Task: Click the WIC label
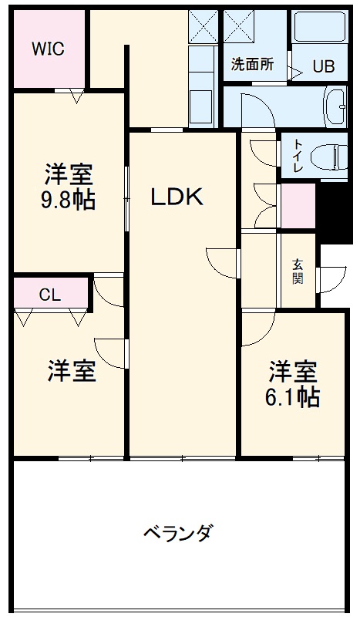pyautogui.click(x=48, y=49)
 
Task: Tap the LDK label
pyautogui.click(x=177, y=197)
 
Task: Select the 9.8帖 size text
pyautogui.click(x=67, y=201)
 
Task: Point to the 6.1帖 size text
pyautogui.click(x=294, y=397)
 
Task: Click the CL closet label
pyautogui.click(x=50, y=294)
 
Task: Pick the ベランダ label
pyautogui.click(x=177, y=533)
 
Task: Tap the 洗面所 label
pyautogui.click(x=252, y=66)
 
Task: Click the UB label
pyautogui.click(x=323, y=66)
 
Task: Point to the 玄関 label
pyautogui.click(x=298, y=271)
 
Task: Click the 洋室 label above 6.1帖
pyautogui.click(x=293, y=372)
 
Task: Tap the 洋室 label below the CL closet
pyautogui.click(x=72, y=372)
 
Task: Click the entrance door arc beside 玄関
pyautogui.click(x=332, y=278)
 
